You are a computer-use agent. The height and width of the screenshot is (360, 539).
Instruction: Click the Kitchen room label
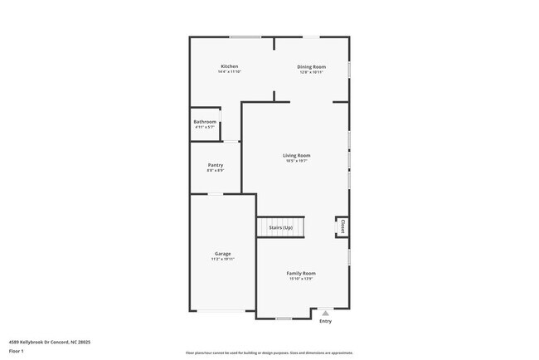point(229,66)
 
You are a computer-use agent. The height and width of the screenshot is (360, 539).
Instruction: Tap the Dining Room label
point(312,66)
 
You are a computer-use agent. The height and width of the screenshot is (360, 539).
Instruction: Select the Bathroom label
point(205,122)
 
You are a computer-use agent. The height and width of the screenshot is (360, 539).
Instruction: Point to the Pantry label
point(215,165)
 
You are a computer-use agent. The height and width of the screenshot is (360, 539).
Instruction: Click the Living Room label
point(296,155)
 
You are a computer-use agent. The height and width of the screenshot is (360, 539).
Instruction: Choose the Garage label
point(222,254)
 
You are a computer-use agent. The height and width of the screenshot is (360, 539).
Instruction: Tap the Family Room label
point(301,273)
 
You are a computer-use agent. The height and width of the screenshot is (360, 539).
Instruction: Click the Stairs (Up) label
point(280,227)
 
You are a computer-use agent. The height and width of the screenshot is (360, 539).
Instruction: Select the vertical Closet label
point(341,226)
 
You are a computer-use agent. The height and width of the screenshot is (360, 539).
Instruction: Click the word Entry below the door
point(325,321)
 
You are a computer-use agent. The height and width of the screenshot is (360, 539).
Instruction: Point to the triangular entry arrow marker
point(325,313)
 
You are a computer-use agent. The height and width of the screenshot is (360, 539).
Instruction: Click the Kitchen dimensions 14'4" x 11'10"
point(229,72)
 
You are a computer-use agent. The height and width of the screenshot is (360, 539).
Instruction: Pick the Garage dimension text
point(222,260)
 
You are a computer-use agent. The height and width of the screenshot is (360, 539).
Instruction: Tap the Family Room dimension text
point(301,279)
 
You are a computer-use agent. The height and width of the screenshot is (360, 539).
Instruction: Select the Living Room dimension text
point(296,161)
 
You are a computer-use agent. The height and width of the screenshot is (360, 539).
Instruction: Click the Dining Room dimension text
point(312,72)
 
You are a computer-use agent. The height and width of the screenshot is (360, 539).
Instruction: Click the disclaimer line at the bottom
point(269,353)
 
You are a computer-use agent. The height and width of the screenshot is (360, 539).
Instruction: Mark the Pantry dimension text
point(215,171)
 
